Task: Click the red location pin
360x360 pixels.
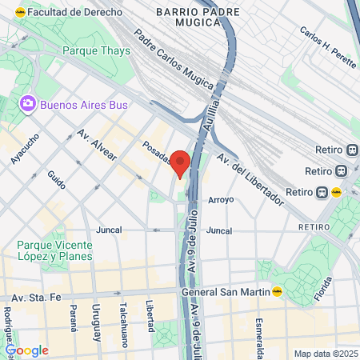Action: click(x=181, y=162)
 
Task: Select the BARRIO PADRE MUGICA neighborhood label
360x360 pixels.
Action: click(x=188, y=18)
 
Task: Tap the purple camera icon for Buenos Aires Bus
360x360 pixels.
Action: click(x=29, y=103)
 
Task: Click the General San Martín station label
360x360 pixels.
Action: click(x=226, y=292)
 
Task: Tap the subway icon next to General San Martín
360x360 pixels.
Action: click(x=278, y=292)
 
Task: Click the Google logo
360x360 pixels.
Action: click(x=26, y=350)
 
